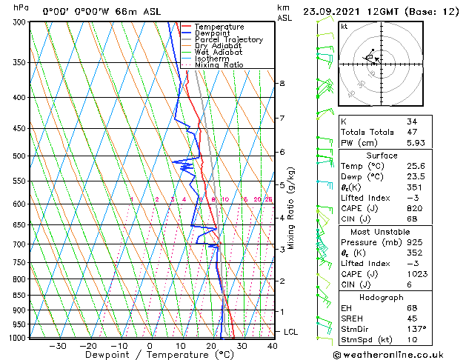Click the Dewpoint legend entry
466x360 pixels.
click(x=213, y=33)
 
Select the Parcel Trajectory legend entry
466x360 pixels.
click(x=228, y=39)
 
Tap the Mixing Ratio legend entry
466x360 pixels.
click(x=219, y=65)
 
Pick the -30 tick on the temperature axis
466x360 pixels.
click(x=58, y=346)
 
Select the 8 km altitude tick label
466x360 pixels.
click(x=282, y=84)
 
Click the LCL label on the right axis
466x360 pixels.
click(x=290, y=332)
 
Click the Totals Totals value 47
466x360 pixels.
click(x=411, y=132)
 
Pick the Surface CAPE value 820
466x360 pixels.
click(x=414, y=209)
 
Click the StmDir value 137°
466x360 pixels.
click(x=416, y=329)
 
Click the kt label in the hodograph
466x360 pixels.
click(x=344, y=26)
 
